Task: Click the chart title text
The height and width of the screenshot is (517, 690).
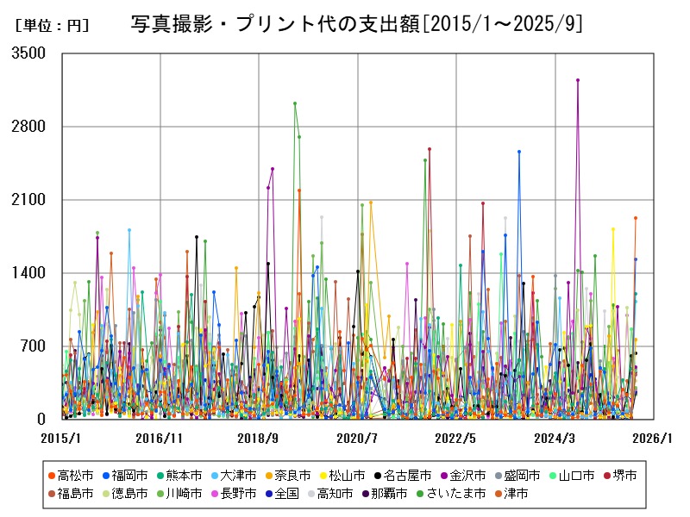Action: [356, 24]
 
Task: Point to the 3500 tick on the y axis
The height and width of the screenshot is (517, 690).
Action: [29, 53]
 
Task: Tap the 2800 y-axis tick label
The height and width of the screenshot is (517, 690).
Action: [29, 127]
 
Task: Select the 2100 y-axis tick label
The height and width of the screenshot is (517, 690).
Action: [29, 200]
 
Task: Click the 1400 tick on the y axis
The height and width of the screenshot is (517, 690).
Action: [29, 273]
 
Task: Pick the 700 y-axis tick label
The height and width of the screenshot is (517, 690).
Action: [33, 346]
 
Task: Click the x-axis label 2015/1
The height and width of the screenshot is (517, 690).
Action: [62, 438]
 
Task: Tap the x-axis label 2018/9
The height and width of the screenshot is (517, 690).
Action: [258, 438]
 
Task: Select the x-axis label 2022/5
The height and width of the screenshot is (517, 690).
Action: [455, 438]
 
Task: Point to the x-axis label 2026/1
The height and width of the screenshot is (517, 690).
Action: [650, 438]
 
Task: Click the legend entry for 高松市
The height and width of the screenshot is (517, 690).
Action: [72, 475]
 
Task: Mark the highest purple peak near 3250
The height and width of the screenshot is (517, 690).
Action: [578, 80]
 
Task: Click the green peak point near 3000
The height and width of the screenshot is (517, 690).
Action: [295, 103]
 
